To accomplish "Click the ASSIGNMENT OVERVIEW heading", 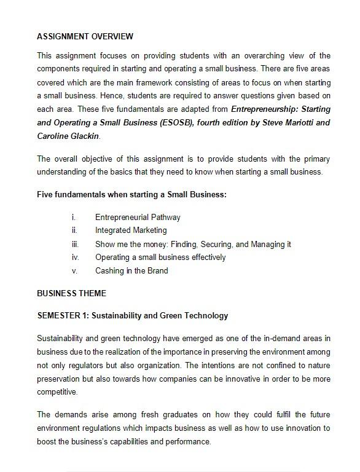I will tap(85, 36).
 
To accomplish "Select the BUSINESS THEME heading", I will tap(71, 293).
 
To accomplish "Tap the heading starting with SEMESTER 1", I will tap(132, 315).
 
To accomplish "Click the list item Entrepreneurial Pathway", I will tap(138, 217).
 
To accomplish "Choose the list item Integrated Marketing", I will tap(131, 230).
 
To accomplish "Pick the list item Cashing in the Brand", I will tap(131, 271).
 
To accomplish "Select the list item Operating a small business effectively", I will tap(160, 258).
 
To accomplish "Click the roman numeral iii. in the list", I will tap(74, 244).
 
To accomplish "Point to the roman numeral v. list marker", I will tap(74, 271).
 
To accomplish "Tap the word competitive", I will tap(57, 392).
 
